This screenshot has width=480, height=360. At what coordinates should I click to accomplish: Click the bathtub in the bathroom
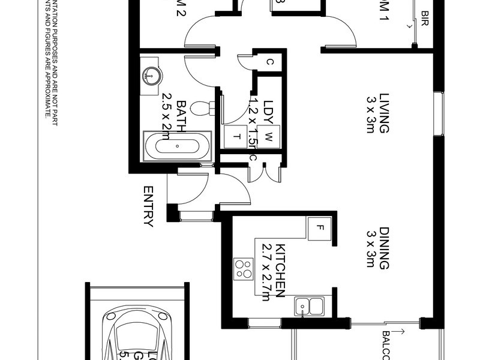pyautogui.click(x=177, y=146)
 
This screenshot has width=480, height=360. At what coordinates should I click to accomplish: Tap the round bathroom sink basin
pyautogui.click(x=151, y=75)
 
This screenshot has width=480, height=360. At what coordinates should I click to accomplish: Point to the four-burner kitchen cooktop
pyautogui.click(x=244, y=268)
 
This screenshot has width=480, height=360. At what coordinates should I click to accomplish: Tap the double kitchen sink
pyautogui.click(x=309, y=306)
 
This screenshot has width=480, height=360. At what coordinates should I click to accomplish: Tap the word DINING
pyautogui.click(x=384, y=248)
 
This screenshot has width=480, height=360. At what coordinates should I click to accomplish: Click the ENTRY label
pyautogui.click(x=148, y=206)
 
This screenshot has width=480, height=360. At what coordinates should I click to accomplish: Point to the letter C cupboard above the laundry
pyautogui.click(x=270, y=61)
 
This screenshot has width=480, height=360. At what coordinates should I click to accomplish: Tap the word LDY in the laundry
pyautogui.click(x=268, y=111)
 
